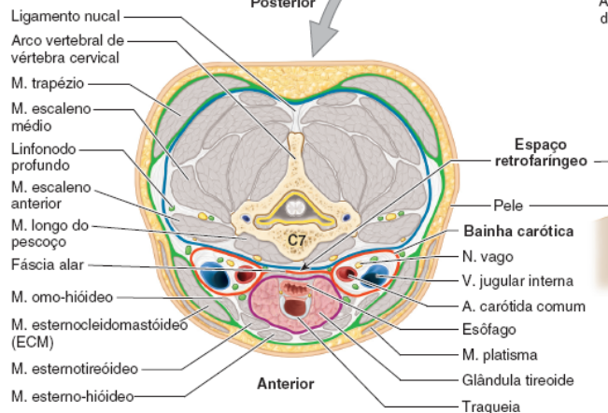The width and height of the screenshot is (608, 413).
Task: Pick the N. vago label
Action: tap(486, 256)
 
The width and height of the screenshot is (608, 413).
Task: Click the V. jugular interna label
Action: tap(516, 280)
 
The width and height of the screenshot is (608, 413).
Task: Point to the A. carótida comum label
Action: tap(523, 306)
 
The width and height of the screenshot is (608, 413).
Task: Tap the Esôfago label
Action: tap(488, 329)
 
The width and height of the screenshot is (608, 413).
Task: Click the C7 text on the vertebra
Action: tap(296, 240)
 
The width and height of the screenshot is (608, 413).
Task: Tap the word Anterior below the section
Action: tap(285, 383)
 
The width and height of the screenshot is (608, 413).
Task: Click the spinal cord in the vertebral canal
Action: tap(296, 207)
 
